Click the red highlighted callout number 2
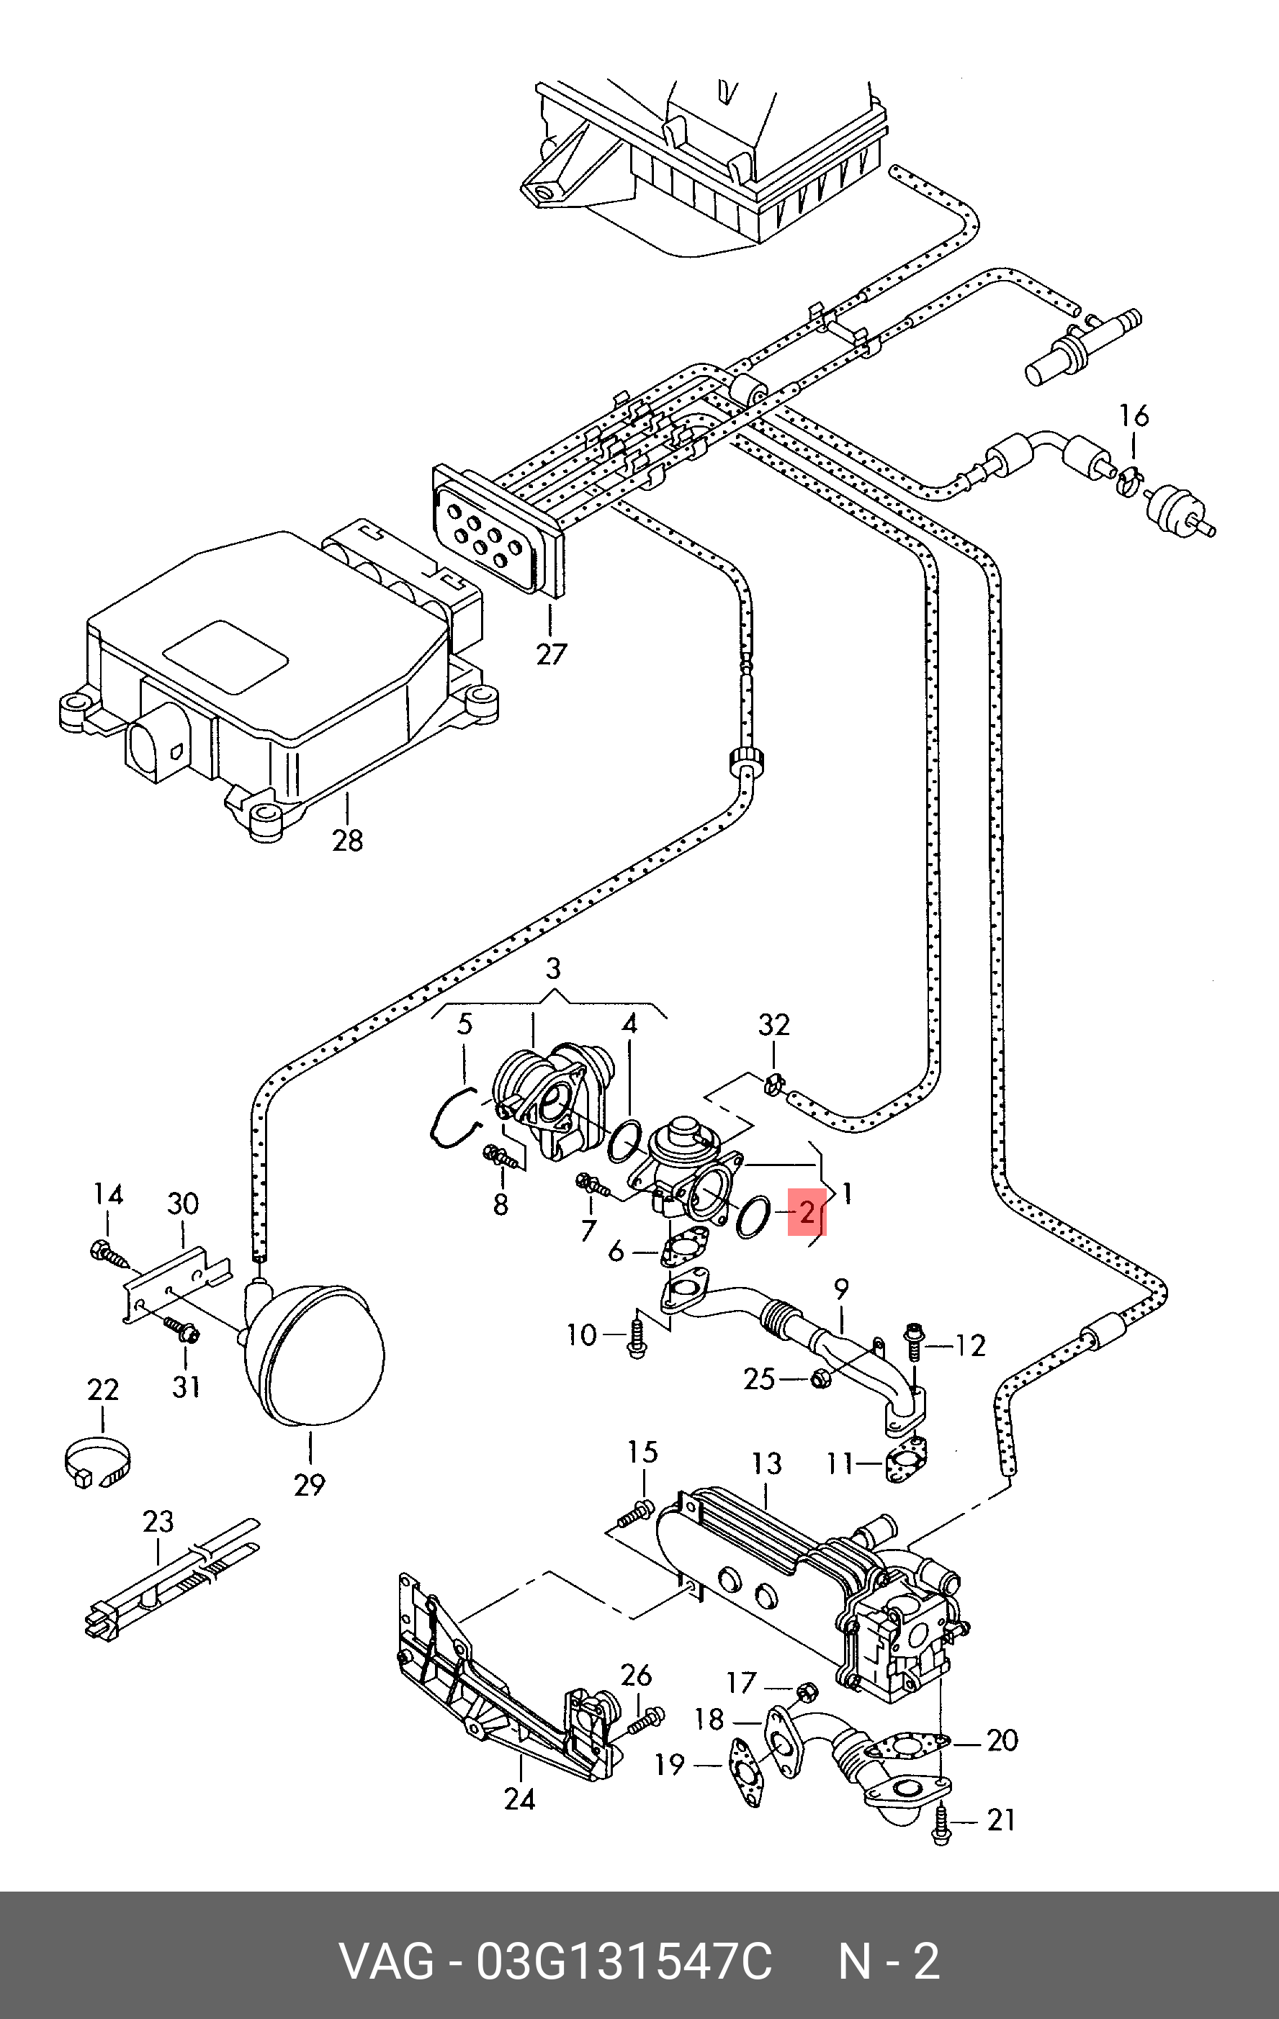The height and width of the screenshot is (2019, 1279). [x=807, y=1211]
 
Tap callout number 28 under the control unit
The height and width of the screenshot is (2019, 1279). [x=347, y=839]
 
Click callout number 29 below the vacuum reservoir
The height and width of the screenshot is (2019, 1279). [x=310, y=1484]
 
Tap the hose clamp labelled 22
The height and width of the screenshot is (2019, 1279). [x=97, y=1463]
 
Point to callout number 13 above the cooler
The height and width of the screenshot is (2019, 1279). [x=766, y=1464]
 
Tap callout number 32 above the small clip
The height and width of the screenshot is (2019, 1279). [x=773, y=1024]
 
